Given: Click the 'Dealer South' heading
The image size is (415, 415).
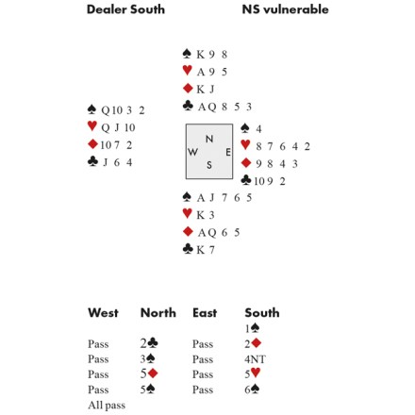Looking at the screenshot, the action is (x=125, y=9).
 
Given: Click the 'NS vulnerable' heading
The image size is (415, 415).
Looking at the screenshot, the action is (x=285, y=9).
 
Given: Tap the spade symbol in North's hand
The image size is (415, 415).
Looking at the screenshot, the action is (x=187, y=54).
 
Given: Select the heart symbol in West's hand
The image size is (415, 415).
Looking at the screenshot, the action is (x=92, y=125).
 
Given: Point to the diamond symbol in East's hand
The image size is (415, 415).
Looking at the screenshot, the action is (x=246, y=163).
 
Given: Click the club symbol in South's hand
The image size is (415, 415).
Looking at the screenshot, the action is (x=188, y=249).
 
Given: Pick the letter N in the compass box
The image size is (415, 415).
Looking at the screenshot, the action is (x=209, y=139).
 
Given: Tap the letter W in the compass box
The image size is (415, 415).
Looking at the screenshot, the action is (x=193, y=152).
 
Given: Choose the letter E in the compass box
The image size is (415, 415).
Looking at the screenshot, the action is (x=228, y=152).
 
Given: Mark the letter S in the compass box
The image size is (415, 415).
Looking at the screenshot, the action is (x=209, y=165).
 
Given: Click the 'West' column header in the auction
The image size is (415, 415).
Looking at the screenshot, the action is (x=103, y=313).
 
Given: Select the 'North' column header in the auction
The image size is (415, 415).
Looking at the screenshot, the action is (x=158, y=313).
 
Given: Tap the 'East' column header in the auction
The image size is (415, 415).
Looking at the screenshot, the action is (x=205, y=313).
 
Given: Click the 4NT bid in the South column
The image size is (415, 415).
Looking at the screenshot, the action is (x=255, y=359).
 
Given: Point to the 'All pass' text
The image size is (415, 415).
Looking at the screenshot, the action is (x=107, y=406).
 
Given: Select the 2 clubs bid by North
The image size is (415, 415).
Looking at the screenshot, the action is (x=149, y=343).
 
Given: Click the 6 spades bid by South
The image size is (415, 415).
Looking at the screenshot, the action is (x=252, y=390).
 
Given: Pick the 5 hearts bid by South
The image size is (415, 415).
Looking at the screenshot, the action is (x=253, y=373).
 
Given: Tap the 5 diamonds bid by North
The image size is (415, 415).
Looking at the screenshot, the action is (x=149, y=373).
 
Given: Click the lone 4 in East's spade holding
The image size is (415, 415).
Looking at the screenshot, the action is (x=258, y=129).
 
